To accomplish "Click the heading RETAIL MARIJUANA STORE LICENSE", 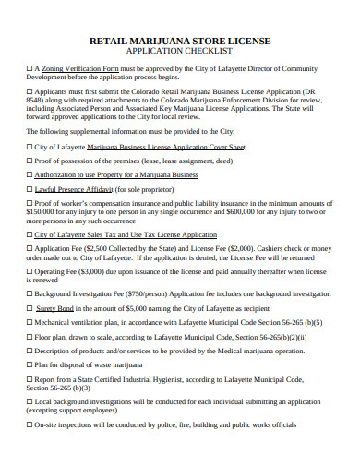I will click(x=180, y=42).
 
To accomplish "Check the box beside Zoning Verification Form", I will click(x=29, y=68).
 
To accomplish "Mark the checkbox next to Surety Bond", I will click(x=29, y=307).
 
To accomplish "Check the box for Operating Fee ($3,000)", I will click(x=29, y=273).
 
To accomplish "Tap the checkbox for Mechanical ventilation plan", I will click(x=29, y=324).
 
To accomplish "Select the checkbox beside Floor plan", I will click(x=29, y=338).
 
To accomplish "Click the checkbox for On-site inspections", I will click(x=29, y=425).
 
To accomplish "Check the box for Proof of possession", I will click(x=29, y=160).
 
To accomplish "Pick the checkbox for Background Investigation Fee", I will click(x=29, y=293).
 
